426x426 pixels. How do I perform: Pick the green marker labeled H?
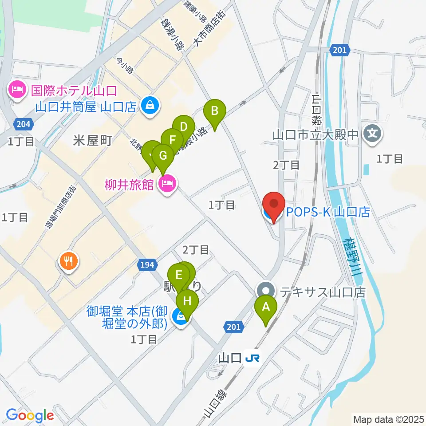coord(187,302)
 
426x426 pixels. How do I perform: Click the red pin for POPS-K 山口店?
coord(274,205)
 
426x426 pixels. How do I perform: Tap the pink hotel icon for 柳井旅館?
coord(168,183)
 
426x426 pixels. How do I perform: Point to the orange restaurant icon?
coord(68,260)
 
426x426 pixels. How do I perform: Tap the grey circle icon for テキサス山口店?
coord(266,292)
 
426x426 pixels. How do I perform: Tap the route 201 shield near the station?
coord(235,327)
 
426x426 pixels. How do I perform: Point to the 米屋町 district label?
coord(92,141)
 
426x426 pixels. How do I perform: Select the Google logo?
coord(30,416)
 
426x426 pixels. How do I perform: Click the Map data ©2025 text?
coord(388,419)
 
